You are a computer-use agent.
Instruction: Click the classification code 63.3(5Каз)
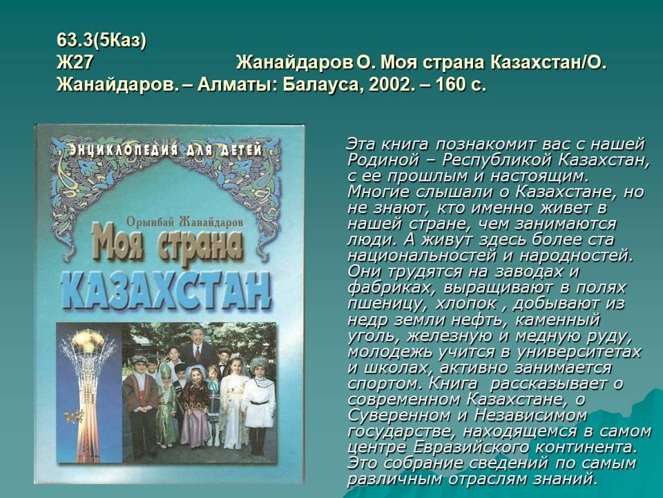[x=102, y=41]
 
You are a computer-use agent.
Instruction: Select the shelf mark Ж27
[x=75, y=63]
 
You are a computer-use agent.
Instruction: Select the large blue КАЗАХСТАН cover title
[x=166, y=290]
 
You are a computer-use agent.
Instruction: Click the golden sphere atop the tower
[x=88, y=340]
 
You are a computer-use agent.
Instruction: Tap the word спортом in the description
[x=385, y=384]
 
